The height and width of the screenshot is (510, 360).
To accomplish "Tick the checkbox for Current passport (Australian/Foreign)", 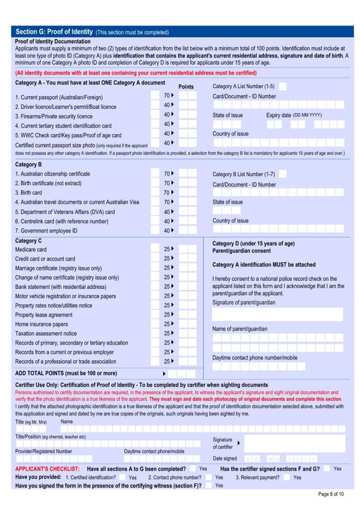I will tap(155, 96).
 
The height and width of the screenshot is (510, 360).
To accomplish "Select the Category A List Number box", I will tap(283, 86).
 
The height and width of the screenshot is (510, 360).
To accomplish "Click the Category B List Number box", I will tap(283, 174).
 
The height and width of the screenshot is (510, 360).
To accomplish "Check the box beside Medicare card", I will tap(155, 249).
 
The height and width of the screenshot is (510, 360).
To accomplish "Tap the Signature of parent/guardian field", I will tap(277, 314).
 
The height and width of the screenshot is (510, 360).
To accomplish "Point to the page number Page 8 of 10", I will tap(331, 494).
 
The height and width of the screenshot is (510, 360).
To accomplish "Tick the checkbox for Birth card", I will tap(155, 192).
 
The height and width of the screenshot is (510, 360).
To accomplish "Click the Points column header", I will tap(186, 86).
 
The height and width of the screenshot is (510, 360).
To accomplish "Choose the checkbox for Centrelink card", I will tap(155, 221).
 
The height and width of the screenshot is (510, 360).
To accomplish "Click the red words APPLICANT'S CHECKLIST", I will tap(47, 469).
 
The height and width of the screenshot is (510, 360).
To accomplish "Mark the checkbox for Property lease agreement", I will tap(155, 315).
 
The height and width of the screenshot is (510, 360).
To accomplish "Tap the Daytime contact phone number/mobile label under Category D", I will tap(255, 358).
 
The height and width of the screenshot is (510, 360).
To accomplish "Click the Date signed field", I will tap(281, 459).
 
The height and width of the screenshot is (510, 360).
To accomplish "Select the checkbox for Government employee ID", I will tap(155, 231).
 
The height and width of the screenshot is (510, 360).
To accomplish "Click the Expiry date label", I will tap(278, 115).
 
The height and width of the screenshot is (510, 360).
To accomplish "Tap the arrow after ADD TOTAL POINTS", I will tap(164, 374).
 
